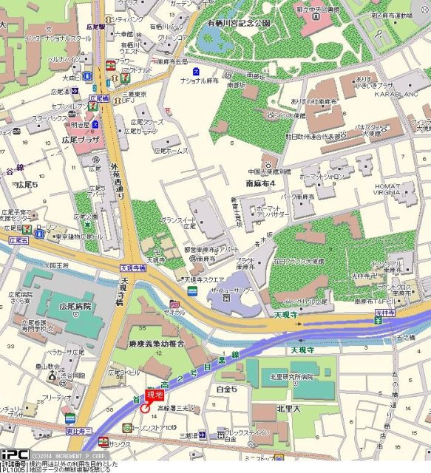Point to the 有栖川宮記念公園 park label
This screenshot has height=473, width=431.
(x=239, y=24)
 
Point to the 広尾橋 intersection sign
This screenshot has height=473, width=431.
(x=99, y=98)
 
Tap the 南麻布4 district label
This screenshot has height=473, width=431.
(x=259, y=183)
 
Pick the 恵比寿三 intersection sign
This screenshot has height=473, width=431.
(x=77, y=430)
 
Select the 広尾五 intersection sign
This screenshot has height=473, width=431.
(x=18, y=241)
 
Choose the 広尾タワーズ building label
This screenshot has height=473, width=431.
(x=149, y=122)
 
